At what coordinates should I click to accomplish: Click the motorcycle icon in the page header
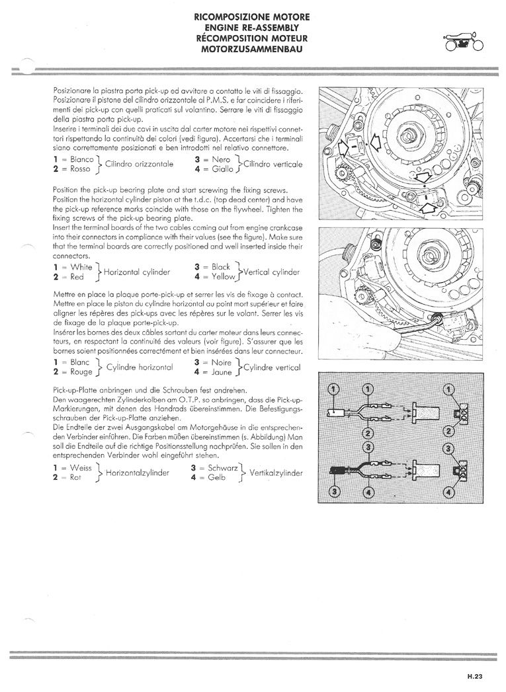pos(464,41)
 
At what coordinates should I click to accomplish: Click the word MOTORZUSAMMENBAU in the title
pos(252,48)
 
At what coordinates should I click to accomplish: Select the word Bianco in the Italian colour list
pos(81,159)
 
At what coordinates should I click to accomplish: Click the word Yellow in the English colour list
pos(224,277)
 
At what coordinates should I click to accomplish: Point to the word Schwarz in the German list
pos(222,467)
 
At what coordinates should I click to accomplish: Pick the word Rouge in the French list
pos(81,372)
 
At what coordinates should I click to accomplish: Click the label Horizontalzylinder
pos(138,473)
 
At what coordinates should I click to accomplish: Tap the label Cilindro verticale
pos(273,164)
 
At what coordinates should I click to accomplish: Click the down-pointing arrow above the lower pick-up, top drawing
pos(424,177)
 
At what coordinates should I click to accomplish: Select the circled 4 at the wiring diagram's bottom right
pos(449,492)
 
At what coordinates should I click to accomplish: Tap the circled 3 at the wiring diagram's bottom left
pos(334,491)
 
